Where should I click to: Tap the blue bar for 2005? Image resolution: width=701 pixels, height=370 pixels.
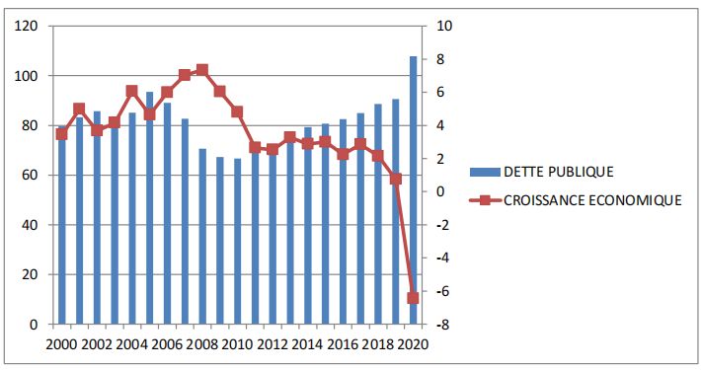(x=149, y=208)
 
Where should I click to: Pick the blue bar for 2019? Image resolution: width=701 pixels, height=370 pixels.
(x=396, y=211)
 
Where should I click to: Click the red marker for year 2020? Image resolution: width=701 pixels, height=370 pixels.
(x=414, y=298)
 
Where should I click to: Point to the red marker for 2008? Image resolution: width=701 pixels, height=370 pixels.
(x=202, y=70)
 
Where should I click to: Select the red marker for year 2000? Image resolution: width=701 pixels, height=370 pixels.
(x=61, y=133)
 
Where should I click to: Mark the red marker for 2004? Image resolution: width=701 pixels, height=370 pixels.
(x=131, y=91)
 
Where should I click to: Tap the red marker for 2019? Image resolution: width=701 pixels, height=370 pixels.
(x=396, y=179)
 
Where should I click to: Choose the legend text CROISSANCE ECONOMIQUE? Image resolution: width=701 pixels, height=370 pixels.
(x=592, y=200)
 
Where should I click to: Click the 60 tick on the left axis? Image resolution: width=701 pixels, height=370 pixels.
(x=31, y=176)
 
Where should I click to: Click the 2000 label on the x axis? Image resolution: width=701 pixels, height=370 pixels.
(x=61, y=344)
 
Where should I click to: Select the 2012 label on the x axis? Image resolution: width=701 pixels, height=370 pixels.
(x=273, y=344)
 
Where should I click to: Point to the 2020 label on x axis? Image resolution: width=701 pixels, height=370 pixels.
(x=414, y=344)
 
